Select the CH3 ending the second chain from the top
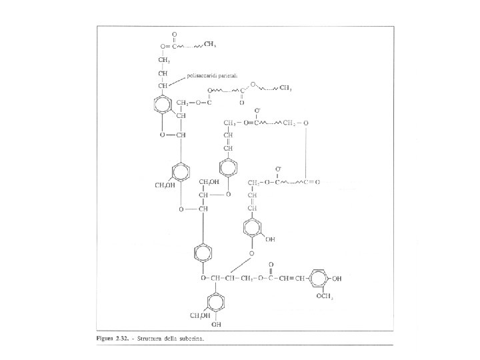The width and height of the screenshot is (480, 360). pos(286,87)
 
